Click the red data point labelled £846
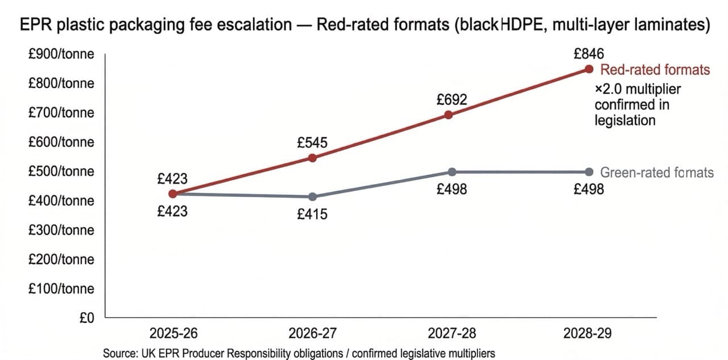589,69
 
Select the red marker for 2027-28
448,114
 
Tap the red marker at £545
312,158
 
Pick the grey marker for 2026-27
312,197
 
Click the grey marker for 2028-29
589,172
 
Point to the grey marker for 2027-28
452,172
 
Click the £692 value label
452,100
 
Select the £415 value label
312,215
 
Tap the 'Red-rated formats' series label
655,69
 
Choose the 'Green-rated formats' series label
657,172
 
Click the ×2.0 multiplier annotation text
637,105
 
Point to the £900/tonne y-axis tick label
61,54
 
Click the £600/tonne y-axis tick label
61,142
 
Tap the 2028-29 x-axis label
589,333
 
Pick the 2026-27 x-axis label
312,333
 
